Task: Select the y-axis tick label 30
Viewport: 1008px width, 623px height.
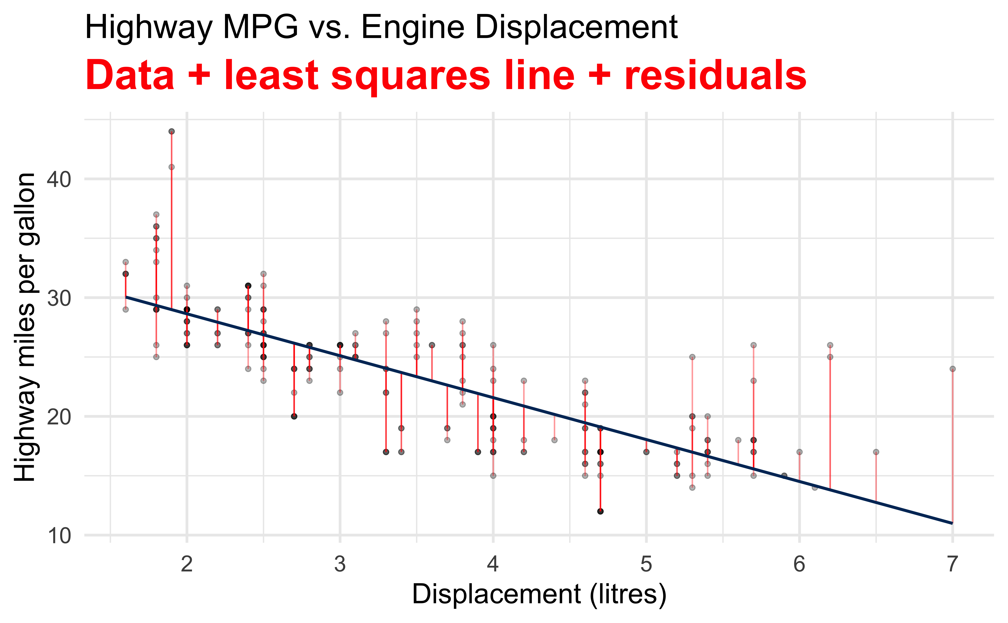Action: [59, 298]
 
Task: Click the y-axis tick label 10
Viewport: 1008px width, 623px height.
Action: [59, 536]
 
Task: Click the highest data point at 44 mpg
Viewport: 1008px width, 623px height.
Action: [171, 131]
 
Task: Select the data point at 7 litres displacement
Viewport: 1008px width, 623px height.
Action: [952, 369]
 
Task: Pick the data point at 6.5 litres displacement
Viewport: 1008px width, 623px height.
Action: [876, 452]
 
